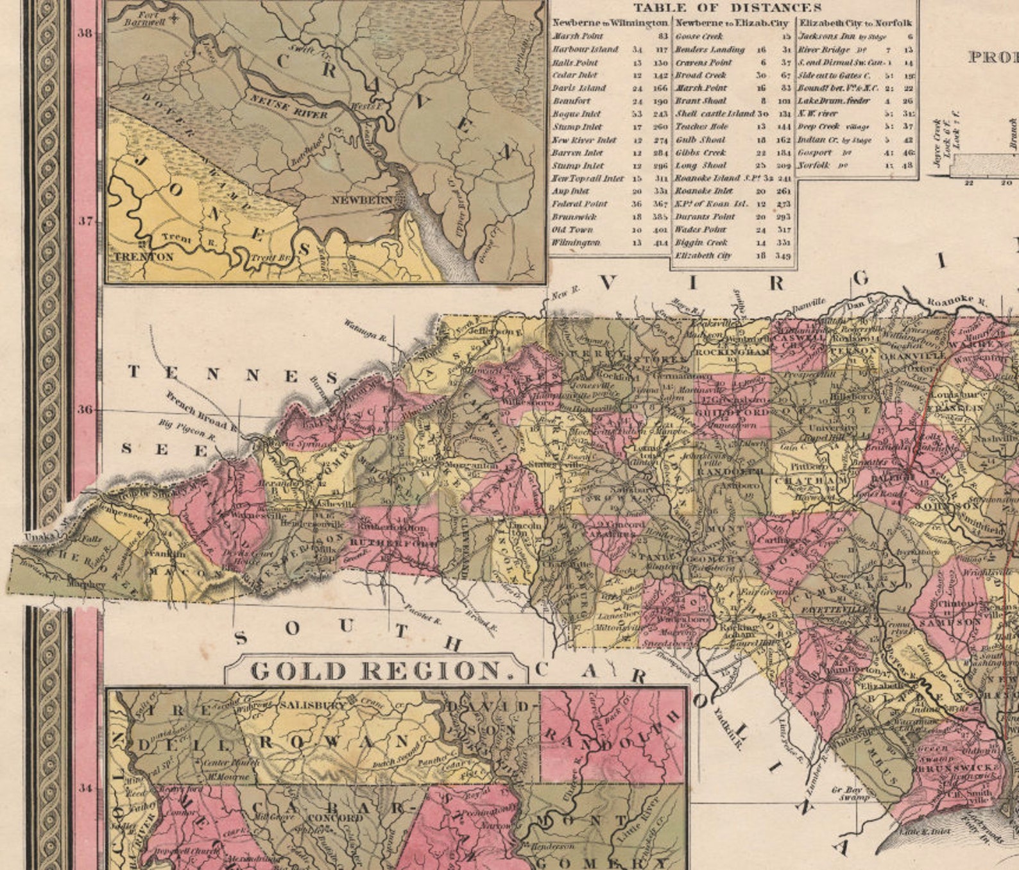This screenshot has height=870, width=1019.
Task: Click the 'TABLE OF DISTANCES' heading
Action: [726, 8]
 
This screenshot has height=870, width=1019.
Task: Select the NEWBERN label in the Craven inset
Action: [361, 200]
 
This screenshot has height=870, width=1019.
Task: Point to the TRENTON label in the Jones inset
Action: [144, 257]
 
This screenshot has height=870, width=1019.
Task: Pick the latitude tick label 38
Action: [85, 33]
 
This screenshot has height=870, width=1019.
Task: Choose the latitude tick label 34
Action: [85, 788]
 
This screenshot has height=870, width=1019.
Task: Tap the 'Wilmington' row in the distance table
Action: [576, 243]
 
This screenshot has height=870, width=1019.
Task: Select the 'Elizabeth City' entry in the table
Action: [703, 255]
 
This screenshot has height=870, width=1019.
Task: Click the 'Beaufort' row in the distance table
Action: [571, 101]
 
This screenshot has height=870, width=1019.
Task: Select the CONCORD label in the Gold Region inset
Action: [335, 819]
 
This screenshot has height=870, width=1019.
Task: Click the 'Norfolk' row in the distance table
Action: [814, 165]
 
